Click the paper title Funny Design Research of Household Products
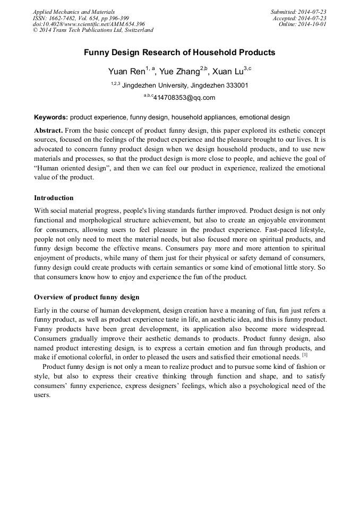(179, 53)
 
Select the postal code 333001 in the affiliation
(236, 85)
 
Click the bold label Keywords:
(51, 117)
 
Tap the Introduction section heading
(54, 198)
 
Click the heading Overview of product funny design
(87, 297)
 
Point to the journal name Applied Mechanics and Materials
(74, 12)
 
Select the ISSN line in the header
(81, 18)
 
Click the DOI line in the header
(89, 24)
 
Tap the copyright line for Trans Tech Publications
(93, 30)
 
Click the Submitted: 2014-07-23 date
(299, 12)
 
